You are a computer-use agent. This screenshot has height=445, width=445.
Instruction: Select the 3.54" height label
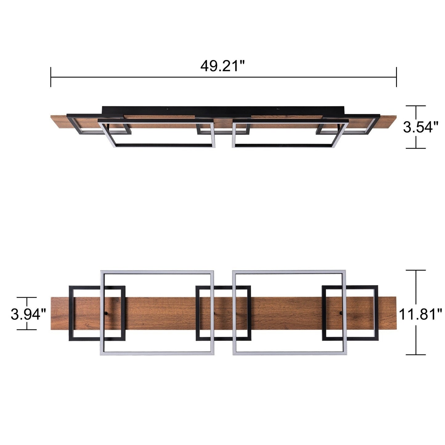[x=421, y=127]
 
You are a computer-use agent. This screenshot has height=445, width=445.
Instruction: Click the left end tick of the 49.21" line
[x=51, y=77]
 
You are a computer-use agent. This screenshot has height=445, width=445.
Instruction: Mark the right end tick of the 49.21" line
[x=396, y=77]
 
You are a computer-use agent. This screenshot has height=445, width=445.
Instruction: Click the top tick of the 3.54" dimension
[x=416, y=106]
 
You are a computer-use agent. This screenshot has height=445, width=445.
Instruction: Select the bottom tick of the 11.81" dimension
[x=416, y=354]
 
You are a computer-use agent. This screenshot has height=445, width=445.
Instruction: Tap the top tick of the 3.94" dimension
[x=27, y=297]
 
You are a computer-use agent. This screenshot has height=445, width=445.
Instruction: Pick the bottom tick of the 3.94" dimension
[x=27, y=330]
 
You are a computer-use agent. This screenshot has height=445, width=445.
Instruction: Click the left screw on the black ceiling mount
[x=168, y=109]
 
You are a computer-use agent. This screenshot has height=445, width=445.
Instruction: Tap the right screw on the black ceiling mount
[x=277, y=109]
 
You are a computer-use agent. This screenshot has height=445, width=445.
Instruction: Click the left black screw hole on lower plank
[x=106, y=313]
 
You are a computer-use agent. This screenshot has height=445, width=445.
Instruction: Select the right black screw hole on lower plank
[x=341, y=313]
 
